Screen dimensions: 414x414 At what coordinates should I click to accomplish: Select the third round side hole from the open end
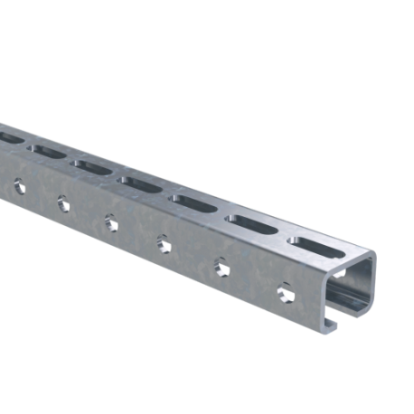pos(164,241)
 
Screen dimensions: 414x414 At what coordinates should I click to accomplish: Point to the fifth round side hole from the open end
pos(61,199)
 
